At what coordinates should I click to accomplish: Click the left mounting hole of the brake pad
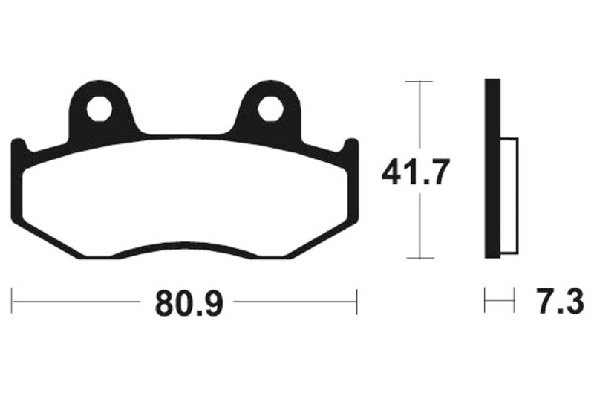(x=99, y=109)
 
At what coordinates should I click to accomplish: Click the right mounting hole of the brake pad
(x=270, y=109)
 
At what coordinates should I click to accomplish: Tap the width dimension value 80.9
(x=189, y=302)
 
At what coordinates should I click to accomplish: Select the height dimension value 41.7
(x=416, y=173)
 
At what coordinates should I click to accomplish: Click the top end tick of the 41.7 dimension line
(x=420, y=79)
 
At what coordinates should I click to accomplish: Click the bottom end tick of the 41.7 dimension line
(x=420, y=259)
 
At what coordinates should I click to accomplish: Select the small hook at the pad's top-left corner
(x=19, y=146)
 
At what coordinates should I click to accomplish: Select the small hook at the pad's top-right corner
(x=350, y=146)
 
